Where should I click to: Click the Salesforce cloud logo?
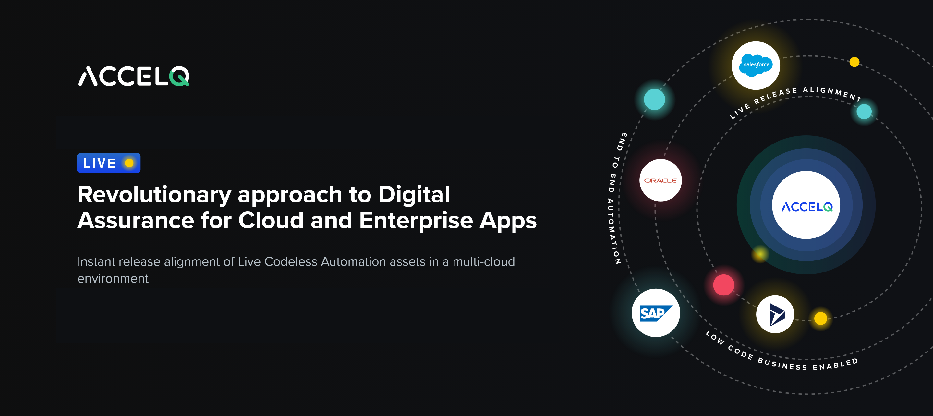[756, 65]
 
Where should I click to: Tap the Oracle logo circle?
[660, 180]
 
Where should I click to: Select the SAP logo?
[656, 313]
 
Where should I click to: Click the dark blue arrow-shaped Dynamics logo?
[775, 314]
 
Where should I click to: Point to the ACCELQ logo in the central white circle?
[806, 207]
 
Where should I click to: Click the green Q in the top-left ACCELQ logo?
[179, 76]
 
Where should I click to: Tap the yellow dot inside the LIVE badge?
[129, 163]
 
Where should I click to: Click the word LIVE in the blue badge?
[99, 163]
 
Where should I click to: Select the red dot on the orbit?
[724, 285]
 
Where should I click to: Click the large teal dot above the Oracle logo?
[654, 99]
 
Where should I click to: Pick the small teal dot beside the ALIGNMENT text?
[864, 111]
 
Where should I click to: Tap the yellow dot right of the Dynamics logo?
[820, 318]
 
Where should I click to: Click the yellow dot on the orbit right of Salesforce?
[854, 62]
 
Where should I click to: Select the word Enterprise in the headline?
[416, 220]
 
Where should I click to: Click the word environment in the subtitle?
[113, 279]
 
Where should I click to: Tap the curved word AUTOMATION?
[613, 232]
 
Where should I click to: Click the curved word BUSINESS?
[782, 364]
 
